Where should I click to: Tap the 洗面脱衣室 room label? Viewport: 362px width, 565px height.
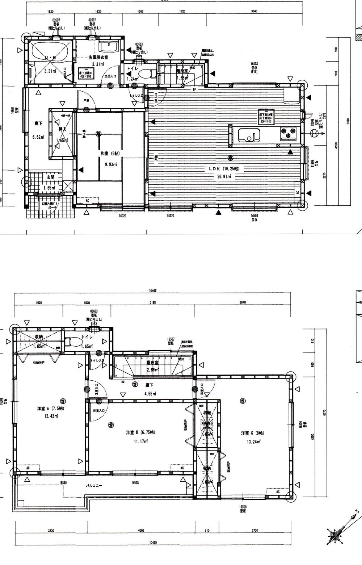tap(98, 58)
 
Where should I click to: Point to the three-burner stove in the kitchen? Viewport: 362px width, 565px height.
tap(288, 133)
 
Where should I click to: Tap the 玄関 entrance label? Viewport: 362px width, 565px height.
tap(50, 177)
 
